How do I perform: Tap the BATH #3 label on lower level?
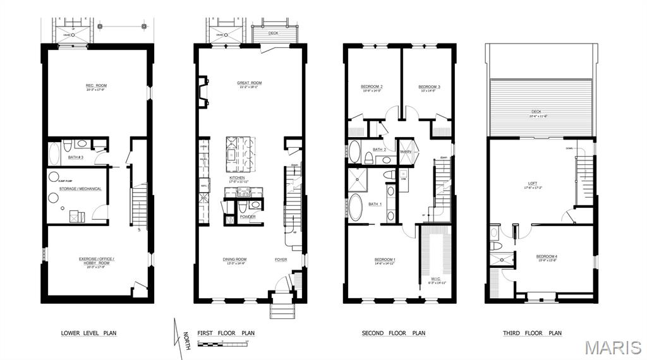pyautogui.click(x=76, y=157)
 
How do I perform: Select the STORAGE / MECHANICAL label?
pyautogui.click(x=80, y=188)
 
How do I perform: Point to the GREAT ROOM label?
pyautogui.click(x=250, y=83)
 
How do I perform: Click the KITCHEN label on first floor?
pyautogui.click(x=237, y=178)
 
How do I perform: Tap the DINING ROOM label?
pyautogui.click(x=234, y=259)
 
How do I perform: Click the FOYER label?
pyautogui.click(x=281, y=259)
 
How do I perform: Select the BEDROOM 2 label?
pyautogui.click(x=372, y=87)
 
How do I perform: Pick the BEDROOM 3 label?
pyautogui.click(x=429, y=87)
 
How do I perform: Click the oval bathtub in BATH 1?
pyautogui.click(x=356, y=207)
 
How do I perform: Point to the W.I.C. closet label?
pyautogui.click(x=437, y=279)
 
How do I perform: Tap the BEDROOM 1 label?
pyautogui.click(x=385, y=260)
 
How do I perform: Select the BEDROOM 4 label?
pyautogui.click(x=547, y=256)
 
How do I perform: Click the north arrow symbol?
pyautogui.click(x=178, y=332)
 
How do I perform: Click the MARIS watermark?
pyautogui.click(x=613, y=347)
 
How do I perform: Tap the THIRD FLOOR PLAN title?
pyautogui.click(x=532, y=333)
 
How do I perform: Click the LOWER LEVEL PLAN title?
pyautogui.click(x=88, y=333)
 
